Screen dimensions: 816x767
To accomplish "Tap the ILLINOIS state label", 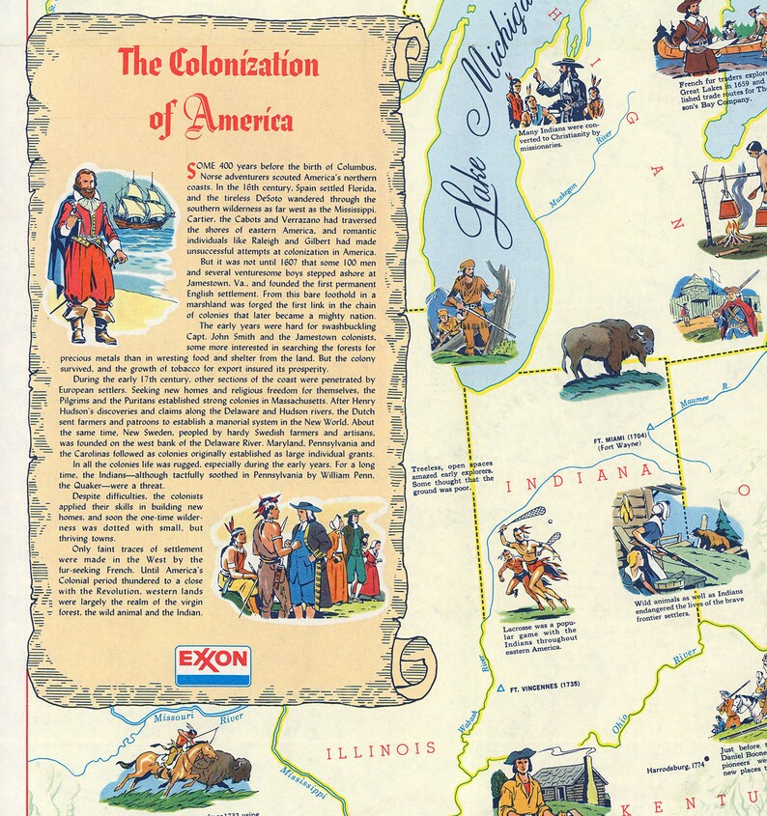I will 381,748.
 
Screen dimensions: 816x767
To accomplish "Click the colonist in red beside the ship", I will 88,253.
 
